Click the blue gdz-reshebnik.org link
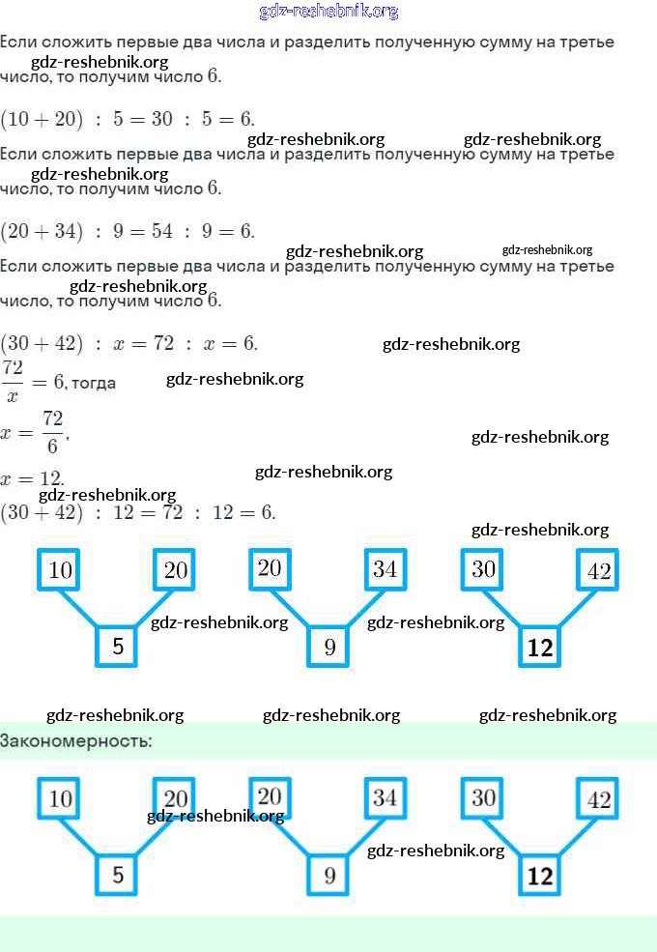pyautogui.click(x=328, y=12)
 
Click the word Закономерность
pyautogui.click(x=76, y=741)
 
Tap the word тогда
pyautogui.click(x=94, y=383)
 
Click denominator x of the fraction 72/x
pyautogui.click(x=13, y=395)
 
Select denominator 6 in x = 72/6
pyautogui.click(x=52, y=446)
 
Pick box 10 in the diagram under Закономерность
pyautogui.click(x=60, y=799)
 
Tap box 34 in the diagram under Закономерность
pyautogui.click(x=385, y=798)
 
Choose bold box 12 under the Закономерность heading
pyautogui.click(x=540, y=876)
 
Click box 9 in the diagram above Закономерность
pyautogui.click(x=329, y=647)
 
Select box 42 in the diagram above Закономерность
pyautogui.click(x=599, y=570)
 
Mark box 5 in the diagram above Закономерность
pyautogui.click(x=118, y=647)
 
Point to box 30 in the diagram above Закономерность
pyautogui.click(x=483, y=569)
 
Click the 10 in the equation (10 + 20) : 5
pyautogui.click(x=19, y=119)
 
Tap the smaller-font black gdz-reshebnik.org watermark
pyautogui.click(x=547, y=249)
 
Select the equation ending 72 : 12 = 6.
pyautogui.click(x=138, y=512)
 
